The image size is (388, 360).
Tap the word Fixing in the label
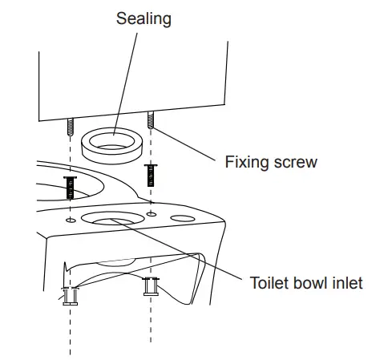(244, 162)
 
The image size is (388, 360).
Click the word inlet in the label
(348, 282)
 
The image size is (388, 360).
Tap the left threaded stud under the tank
(70, 127)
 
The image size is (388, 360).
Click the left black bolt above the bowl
(70, 188)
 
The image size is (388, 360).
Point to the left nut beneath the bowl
(70, 296)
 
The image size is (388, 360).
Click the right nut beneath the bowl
(150, 285)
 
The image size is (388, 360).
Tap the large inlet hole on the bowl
(112, 220)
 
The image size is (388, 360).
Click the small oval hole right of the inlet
(184, 218)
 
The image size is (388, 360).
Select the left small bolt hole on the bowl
(71, 218)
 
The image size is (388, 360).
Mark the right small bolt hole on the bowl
(151, 214)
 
